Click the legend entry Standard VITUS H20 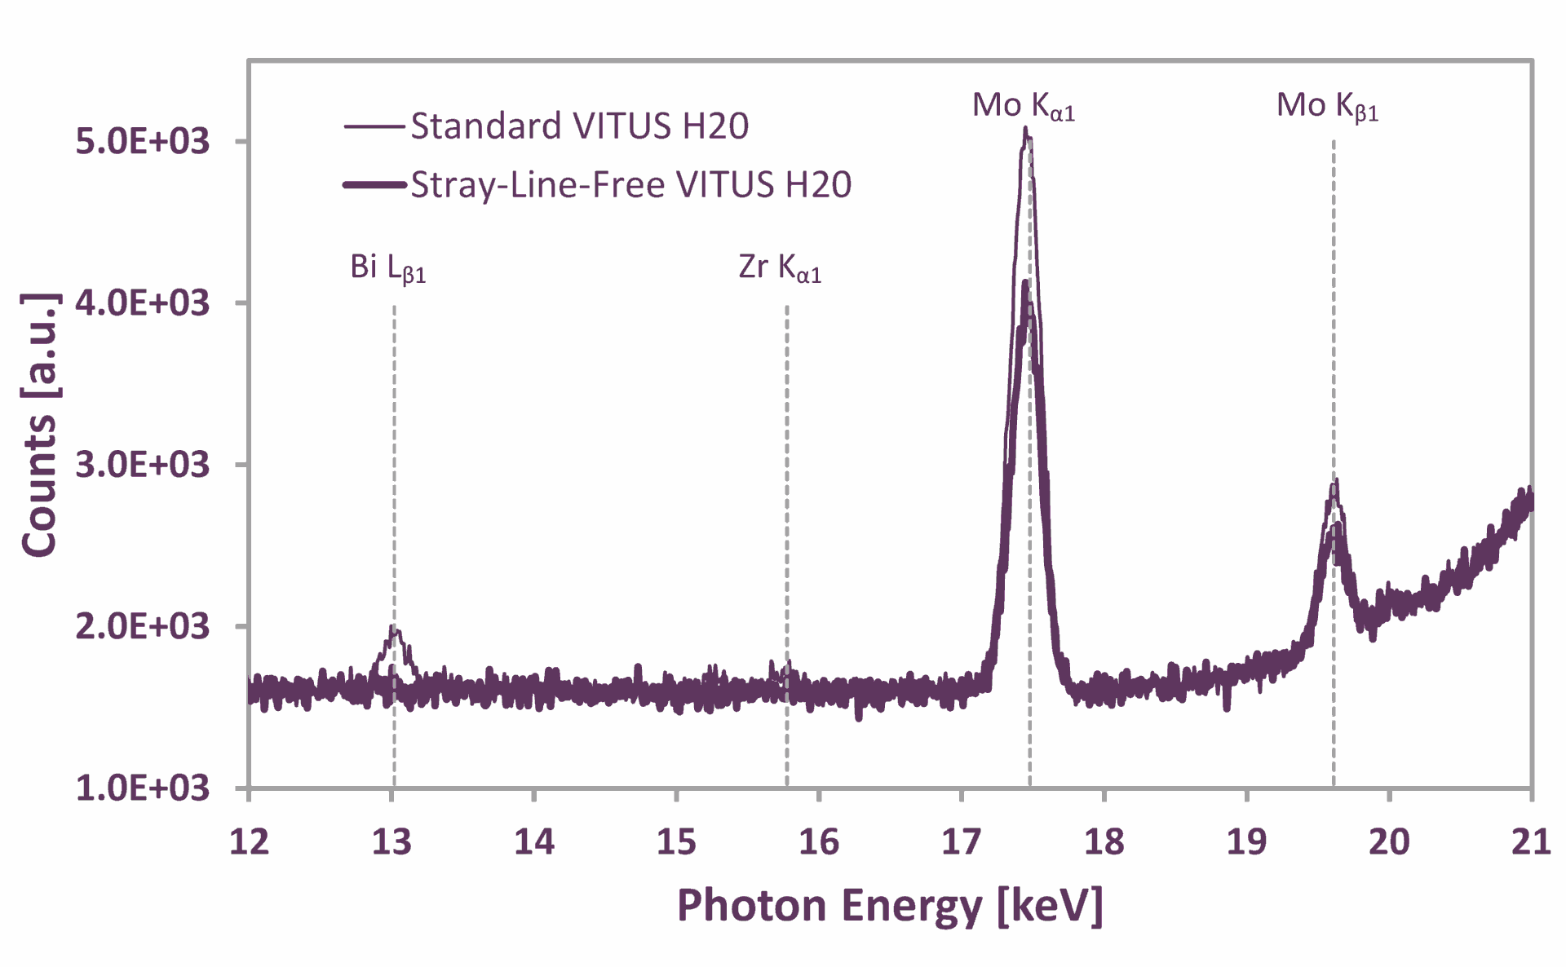(579, 126)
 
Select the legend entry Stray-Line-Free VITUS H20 (630, 185)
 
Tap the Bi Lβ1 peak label (388, 267)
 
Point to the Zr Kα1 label (780, 267)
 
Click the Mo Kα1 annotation (1024, 106)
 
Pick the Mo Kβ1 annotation (1327, 106)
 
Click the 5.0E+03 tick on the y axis (143, 141)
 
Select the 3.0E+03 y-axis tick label (143, 465)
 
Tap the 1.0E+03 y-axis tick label (143, 788)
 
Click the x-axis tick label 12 (249, 841)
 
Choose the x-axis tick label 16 (819, 841)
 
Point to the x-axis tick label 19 (1246, 841)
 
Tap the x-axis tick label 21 (1531, 841)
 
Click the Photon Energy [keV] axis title (890, 906)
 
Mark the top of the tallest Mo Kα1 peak (1025, 129)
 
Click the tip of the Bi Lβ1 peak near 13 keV (394, 627)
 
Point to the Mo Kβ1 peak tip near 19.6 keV (1334, 483)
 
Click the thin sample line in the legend (374, 126)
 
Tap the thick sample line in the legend (374, 185)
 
